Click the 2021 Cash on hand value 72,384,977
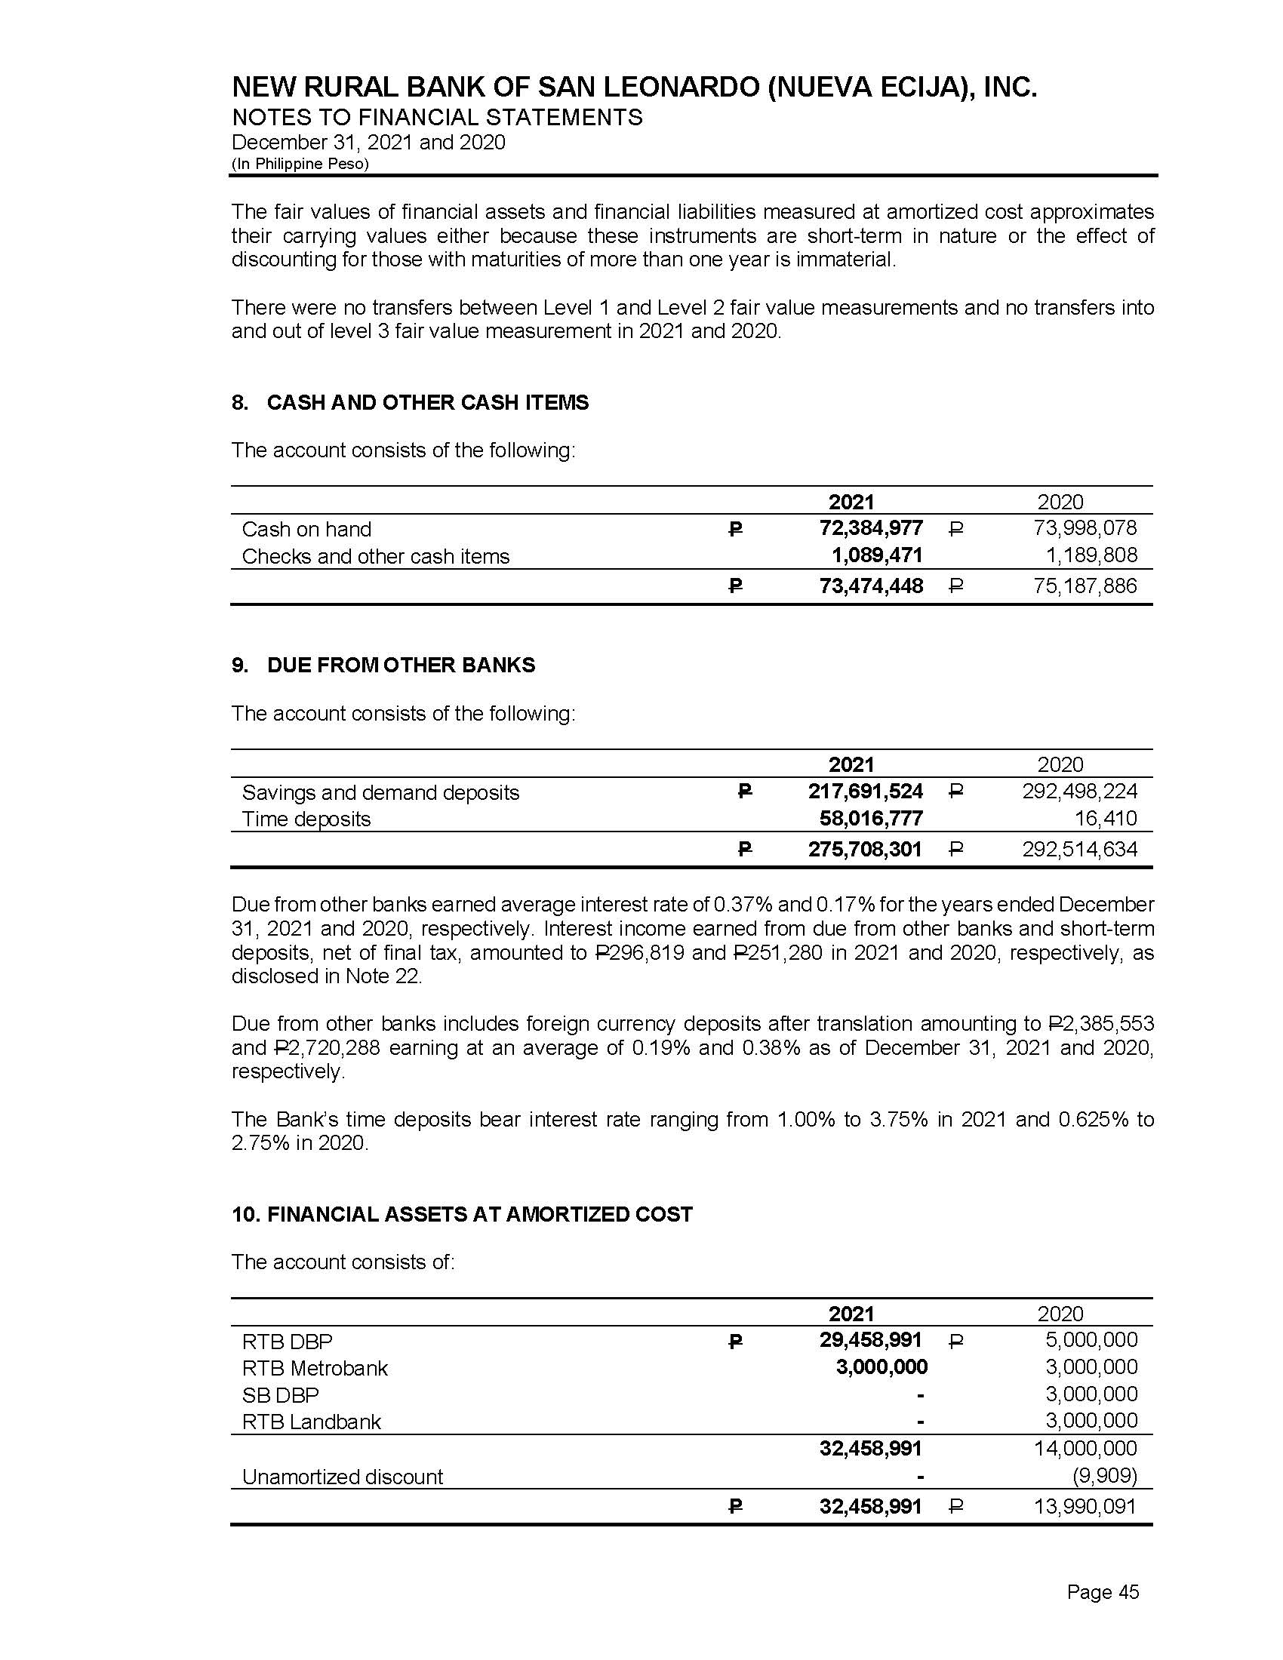pos(870,527)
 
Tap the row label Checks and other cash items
pos(376,556)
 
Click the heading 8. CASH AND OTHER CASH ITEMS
pos(411,403)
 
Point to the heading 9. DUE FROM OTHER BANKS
pos(384,665)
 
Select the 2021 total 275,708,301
pos(865,849)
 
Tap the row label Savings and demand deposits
pos(380,793)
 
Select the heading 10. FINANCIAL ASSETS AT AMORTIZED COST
pos(462,1214)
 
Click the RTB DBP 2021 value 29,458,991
pos(870,1339)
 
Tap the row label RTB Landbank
pos(311,1422)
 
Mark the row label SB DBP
pos(280,1394)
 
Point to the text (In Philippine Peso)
pos(300,164)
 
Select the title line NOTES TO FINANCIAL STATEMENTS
pos(437,117)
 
